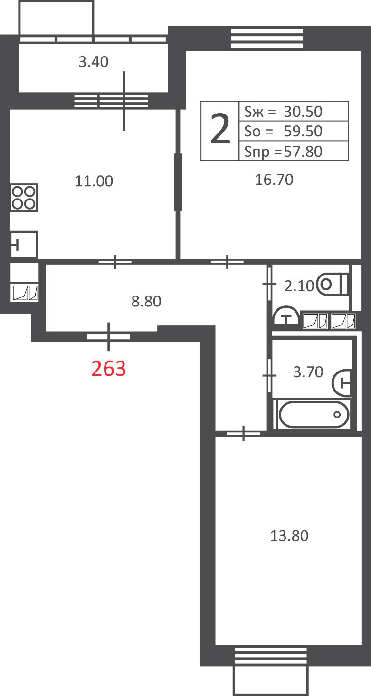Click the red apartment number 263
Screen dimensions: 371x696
click(x=109, y=369)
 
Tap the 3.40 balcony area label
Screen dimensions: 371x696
click(x=94, y=62)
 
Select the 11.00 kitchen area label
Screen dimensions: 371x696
click(x=94, y=181)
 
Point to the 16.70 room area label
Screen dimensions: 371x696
click(x=274, y=180)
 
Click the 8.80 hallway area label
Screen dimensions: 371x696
click(x=146, y=301)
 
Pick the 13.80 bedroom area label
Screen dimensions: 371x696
click(x=289, y=536)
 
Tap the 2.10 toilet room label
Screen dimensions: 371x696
click(x=299, y=286)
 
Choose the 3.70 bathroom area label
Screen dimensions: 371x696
click(x=308, y=372)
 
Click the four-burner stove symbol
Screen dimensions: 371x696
click(x=24, y=198)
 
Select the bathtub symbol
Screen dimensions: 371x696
click(x=314, y=414)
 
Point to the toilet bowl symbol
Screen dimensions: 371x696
click(x=332, y=284)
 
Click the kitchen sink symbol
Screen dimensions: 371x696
click(x=24, y=244)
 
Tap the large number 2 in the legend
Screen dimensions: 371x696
click(x=220, y=129)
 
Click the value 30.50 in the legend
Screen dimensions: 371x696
click(x=303, y=112)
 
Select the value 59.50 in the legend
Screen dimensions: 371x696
click(x=303, y=132)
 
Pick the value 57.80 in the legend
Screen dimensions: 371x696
click(x=303, y=152)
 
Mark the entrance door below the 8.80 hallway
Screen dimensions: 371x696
click(x=109, y=336)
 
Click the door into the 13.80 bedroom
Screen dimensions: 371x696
click(x=243, y=433)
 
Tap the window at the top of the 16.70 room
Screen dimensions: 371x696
click(x=266, y=38)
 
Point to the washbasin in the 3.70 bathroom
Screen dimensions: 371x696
click(x=342, y=383)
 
